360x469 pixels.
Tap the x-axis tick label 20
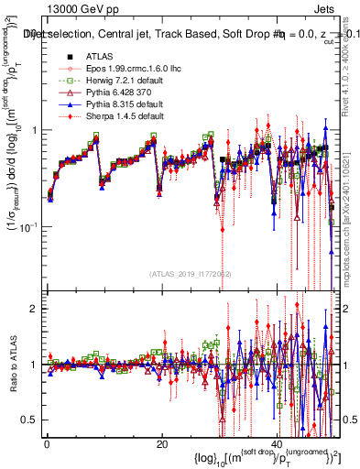161,443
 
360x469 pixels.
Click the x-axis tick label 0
47,443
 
